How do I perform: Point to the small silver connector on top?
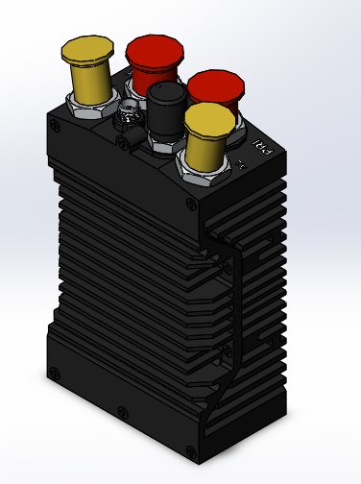[x=126, y=122]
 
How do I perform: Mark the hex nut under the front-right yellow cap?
[x=206, y=173]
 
